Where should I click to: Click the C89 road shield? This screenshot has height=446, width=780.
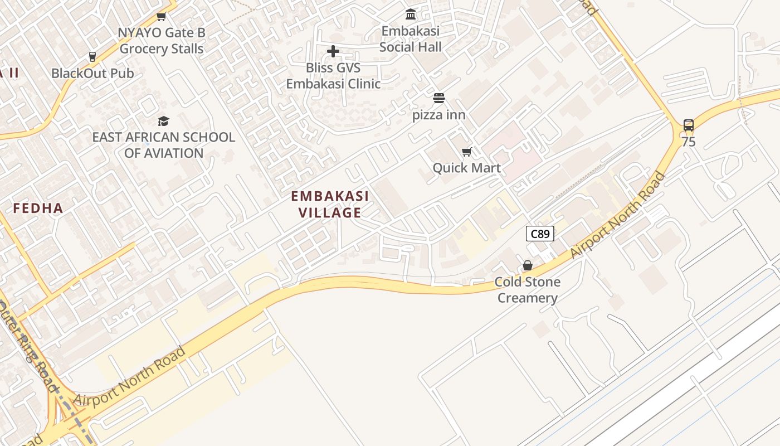pos(540,234)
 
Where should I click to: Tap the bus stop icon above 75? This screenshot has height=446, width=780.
pos(689,125)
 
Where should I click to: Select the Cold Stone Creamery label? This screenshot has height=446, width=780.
pos(527,290)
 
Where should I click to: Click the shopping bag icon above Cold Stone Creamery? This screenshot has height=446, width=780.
pos(527,265)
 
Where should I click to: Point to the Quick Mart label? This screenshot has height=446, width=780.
pos(466,168)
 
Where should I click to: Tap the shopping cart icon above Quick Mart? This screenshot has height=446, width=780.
pos(467,152)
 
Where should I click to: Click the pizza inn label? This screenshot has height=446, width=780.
pos(438,115)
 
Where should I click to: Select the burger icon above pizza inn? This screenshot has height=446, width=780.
pos(439,99)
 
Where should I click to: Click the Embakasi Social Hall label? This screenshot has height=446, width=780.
pos(411,39)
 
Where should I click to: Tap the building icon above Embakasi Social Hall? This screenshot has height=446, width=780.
pos(411,14)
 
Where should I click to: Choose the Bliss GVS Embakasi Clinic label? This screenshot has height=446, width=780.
pos(333,76)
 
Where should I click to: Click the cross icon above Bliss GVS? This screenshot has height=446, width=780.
pos(333,52)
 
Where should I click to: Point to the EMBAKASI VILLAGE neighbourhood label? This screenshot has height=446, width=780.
pos(330,204)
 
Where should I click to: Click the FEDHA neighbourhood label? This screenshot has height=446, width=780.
pos(38,209)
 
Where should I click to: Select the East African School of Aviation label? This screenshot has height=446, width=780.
pos(163,145)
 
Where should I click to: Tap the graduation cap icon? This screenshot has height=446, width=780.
pos(163,121)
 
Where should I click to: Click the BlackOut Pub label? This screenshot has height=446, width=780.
pos(92,73)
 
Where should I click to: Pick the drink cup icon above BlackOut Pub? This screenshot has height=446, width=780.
pos(92,57)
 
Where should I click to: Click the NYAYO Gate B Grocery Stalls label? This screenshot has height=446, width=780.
pos(162,41)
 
